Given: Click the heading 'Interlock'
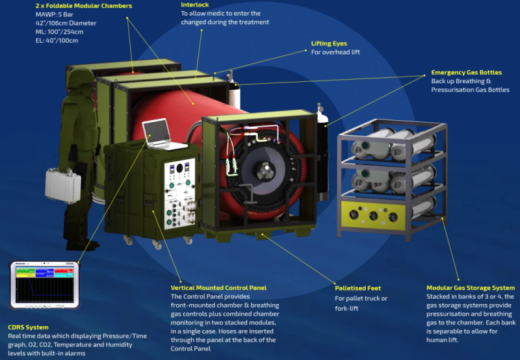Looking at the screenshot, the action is (196, 5).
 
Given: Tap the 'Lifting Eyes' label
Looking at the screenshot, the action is (329, 44).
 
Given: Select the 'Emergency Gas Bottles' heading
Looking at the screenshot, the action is (466, 72).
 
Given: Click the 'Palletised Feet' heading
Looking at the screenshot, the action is (358, 288).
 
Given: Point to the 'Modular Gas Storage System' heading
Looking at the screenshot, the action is (471, 288).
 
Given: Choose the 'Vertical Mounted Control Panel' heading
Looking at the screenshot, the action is (218, 288).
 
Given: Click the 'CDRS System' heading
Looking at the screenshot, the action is (28, 327).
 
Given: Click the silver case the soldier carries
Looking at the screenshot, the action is (63, 185).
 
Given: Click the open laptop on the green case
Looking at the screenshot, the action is (162, 135).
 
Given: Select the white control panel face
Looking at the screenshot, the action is (180, 194).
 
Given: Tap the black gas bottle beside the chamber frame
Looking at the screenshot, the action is (322, 153).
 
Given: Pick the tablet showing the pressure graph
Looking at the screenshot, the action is (44, 285).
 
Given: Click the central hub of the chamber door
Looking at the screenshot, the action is (265, 170).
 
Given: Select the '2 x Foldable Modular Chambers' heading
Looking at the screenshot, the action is (84, 6).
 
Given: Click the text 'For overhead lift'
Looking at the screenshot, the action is (335, 52).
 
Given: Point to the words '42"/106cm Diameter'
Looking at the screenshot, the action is (66, 23).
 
